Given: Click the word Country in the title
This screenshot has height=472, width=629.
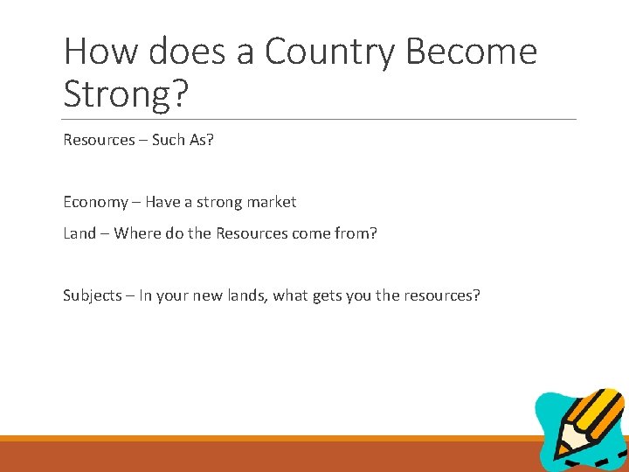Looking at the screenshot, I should click(321, 52).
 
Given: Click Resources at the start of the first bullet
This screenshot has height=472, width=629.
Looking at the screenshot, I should click(98, 140).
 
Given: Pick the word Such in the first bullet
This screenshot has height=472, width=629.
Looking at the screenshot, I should click(169, 140).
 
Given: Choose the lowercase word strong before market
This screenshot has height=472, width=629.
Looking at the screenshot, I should click(220, 202).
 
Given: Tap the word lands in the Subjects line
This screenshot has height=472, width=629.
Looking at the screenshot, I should click(245, 295).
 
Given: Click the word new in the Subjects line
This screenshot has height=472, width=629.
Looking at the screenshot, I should click(206, 295).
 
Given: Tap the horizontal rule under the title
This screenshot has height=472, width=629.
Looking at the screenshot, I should click(320, 119).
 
